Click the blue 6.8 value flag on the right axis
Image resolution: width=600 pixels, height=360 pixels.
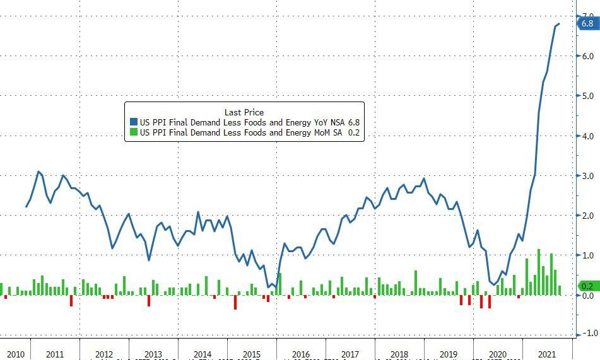(x=587, y=24)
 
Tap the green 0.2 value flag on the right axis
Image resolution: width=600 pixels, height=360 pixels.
(x=587, y=286)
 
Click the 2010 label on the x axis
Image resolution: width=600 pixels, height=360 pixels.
(x=15, y=354)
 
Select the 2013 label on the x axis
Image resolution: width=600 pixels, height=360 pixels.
(x=153, y=354)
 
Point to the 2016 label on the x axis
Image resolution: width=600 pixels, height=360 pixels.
(x=300, y=354)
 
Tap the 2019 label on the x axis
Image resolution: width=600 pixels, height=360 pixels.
(x=449, y=354)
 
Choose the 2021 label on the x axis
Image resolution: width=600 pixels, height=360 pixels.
(x=546, y=354)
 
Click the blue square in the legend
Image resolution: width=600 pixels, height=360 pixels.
(x=132, y=122)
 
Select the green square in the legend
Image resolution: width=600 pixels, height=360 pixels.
(x=132, y=132)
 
